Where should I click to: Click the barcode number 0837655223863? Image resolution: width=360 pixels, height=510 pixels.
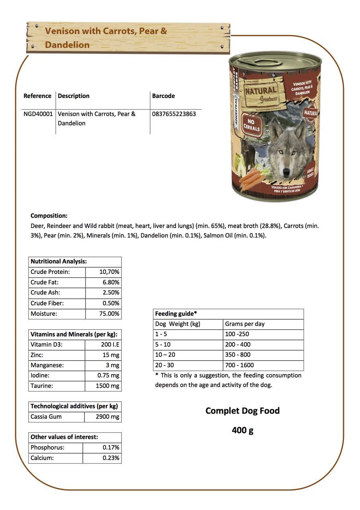click(174, 114)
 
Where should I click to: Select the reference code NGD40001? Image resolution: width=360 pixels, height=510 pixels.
click(38, 114)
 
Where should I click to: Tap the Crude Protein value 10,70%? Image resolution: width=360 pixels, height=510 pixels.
click(109, 272)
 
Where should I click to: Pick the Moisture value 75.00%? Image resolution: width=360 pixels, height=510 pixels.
click(109, 314)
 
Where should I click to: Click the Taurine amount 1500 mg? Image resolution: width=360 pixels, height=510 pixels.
click(108, 386)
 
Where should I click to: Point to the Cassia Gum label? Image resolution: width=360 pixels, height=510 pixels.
click(46, 417)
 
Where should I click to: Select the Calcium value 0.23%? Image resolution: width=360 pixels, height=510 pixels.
click(111, 458)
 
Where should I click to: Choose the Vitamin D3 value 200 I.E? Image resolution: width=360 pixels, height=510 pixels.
click(110, 344)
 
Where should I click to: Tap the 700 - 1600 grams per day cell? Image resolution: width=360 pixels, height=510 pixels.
click(239, 365)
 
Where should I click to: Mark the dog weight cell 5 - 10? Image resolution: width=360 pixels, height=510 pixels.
click(163, 344)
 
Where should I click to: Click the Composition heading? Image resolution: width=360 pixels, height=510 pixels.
click(49, 216)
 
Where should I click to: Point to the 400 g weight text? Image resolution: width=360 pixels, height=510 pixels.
click(243, 430)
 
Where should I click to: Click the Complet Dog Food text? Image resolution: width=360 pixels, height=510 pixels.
click(243, 411)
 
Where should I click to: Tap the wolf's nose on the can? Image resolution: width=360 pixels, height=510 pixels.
click(286, 172)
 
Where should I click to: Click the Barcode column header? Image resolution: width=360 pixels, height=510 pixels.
click(163, 96)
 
